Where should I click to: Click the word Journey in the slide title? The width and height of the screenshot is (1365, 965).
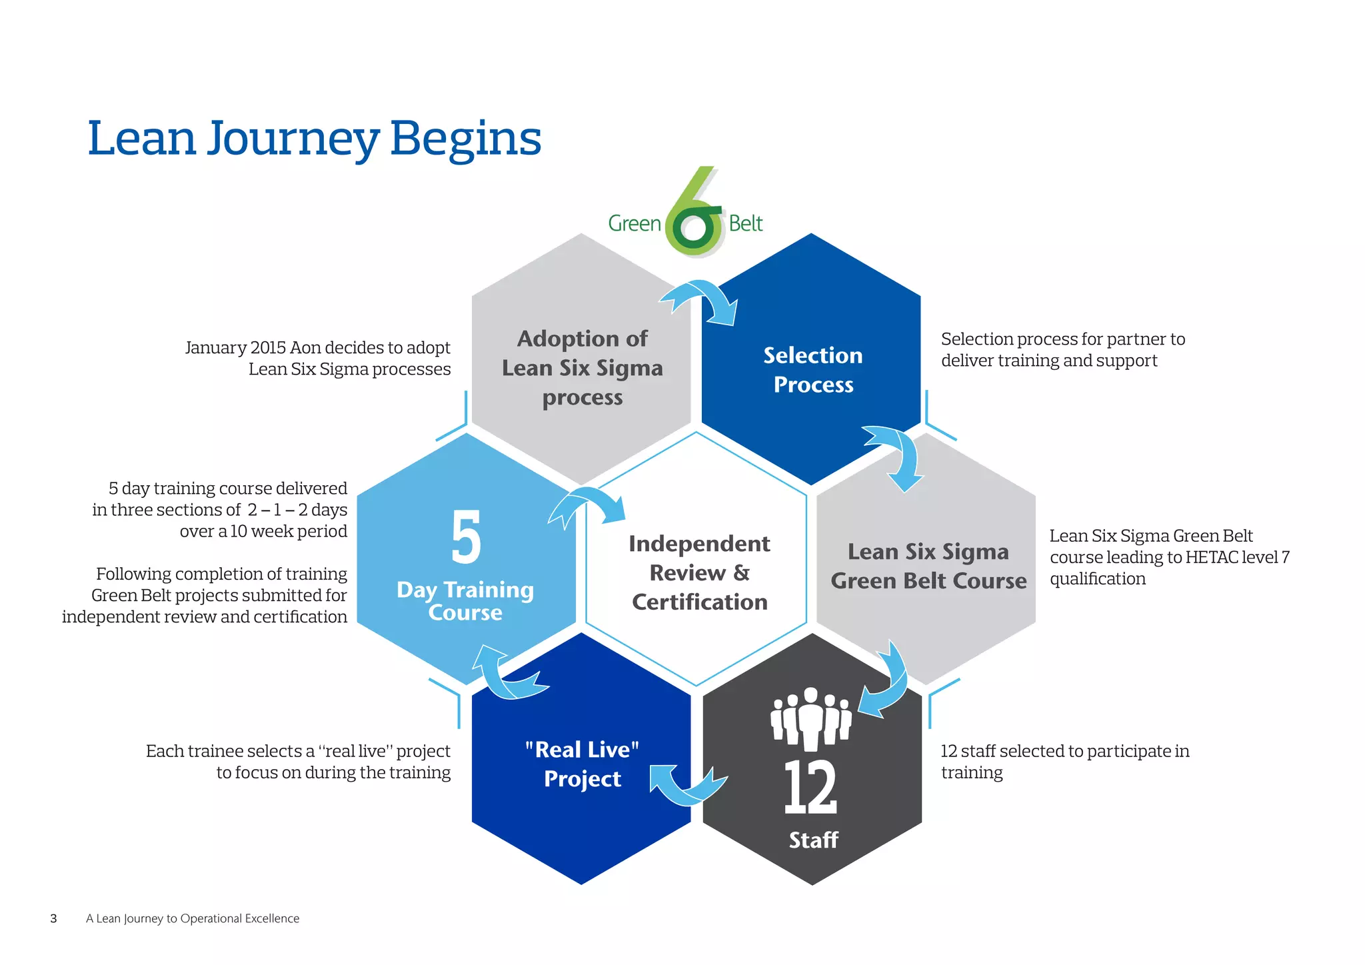293,140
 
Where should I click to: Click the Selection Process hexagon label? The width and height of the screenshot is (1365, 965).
812,370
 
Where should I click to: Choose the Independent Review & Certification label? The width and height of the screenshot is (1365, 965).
699,572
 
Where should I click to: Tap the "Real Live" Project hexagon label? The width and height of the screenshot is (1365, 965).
582,764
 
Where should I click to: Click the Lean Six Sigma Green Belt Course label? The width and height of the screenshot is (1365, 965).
928,566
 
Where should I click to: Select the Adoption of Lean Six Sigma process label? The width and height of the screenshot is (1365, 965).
582,368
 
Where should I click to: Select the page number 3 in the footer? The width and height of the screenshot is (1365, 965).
54,918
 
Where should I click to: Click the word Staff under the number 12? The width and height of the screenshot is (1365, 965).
813,840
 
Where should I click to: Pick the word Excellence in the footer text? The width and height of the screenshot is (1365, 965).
273,918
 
